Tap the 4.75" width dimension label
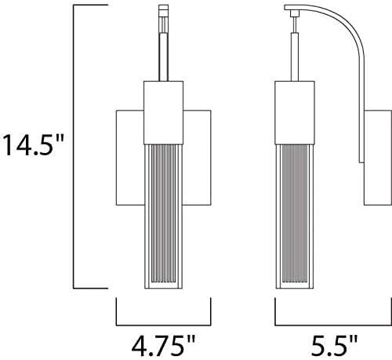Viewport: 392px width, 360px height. coord(163,342)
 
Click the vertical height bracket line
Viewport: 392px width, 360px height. coord(74,147)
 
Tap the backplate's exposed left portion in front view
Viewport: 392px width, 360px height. coord(129,157)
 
